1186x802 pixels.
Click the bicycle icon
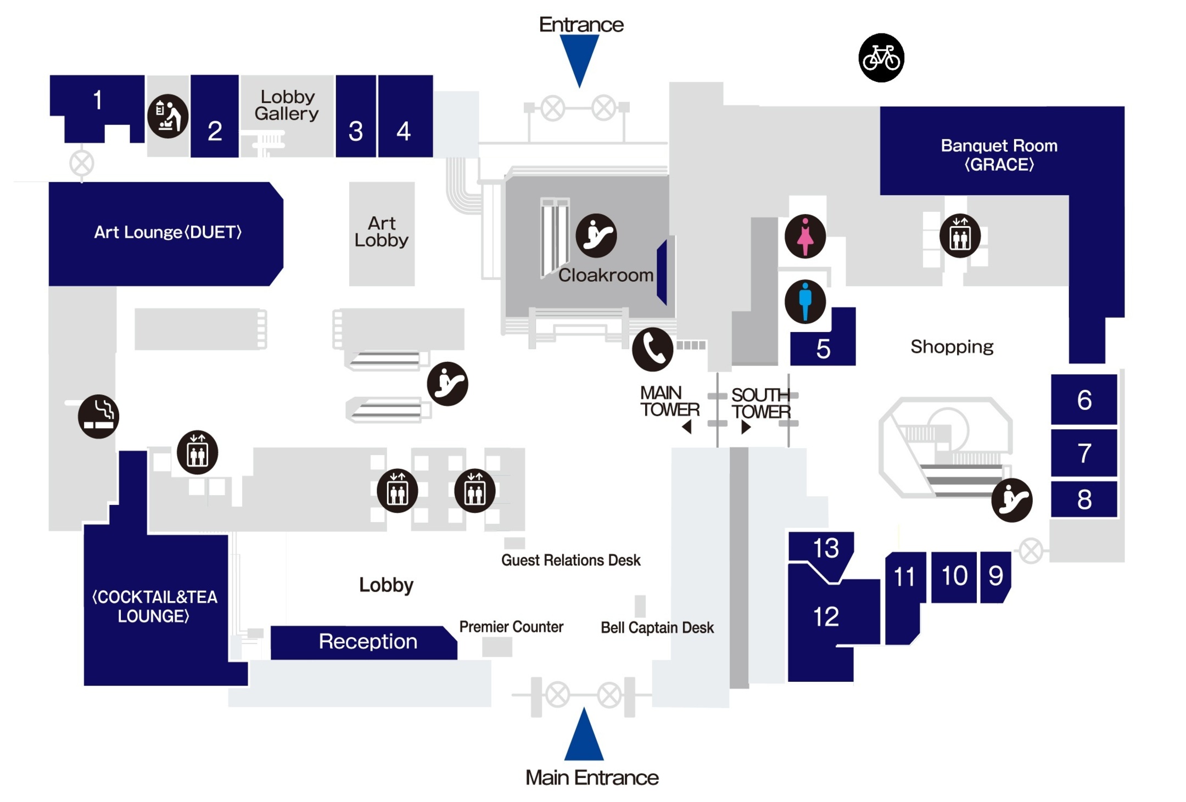(x=881, y=58)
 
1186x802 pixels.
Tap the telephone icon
(x=652, y=349)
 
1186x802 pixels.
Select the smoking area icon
(x=98, y=416)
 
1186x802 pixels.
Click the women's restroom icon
(x=805, y=236)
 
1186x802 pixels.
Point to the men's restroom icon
(x=805, y=301)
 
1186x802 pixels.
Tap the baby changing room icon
(x=167, y=116)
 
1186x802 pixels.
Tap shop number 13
(x=825, y=547)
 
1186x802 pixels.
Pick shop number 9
(x=995, y=576)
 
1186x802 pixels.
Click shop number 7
(x=1083, y=453)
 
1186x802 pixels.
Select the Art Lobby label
(x=381, y=232)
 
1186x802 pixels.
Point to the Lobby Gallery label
(x=287, y=105)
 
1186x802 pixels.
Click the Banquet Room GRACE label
(x=999, y=155)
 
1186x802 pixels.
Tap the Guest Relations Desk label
(x=570, y=560)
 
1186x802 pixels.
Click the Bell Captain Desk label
(x=657, y=627)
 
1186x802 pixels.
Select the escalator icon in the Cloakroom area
(x=596, y=235)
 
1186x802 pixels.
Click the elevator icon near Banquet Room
(x=960, y=236)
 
